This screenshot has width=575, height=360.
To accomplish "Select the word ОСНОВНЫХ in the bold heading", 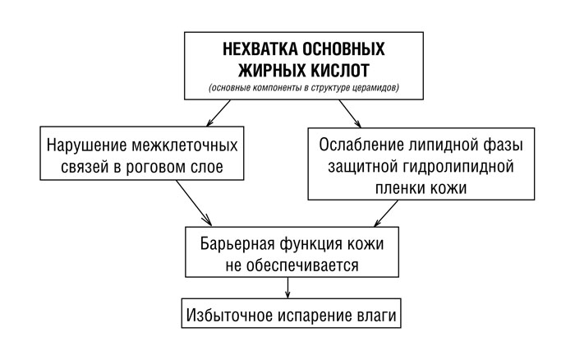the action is (343, 48).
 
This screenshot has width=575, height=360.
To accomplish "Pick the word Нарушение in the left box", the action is (86, 145).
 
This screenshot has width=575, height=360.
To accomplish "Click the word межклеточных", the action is (185, 145).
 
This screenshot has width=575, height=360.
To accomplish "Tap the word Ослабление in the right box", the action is (361, 145).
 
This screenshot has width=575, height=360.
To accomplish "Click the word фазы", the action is (505, 145).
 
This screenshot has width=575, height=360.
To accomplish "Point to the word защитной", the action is (363, 167).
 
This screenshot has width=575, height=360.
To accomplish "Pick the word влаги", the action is (376, 316).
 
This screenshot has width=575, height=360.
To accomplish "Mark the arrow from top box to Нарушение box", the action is (218, 113).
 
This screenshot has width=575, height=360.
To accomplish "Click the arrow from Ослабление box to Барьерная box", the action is (386, 213).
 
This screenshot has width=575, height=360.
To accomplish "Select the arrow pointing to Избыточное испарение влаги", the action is (287, 288).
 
